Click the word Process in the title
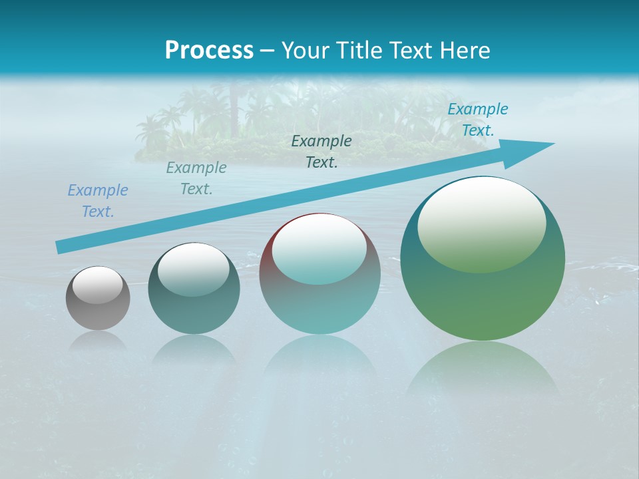[x=209, y=50]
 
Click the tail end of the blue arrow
[x=61, y=247]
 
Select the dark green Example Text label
[x=321, y=152]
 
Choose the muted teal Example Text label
[x=196, y=178]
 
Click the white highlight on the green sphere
[x=481, y=223]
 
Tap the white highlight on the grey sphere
[x=97, y=285]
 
